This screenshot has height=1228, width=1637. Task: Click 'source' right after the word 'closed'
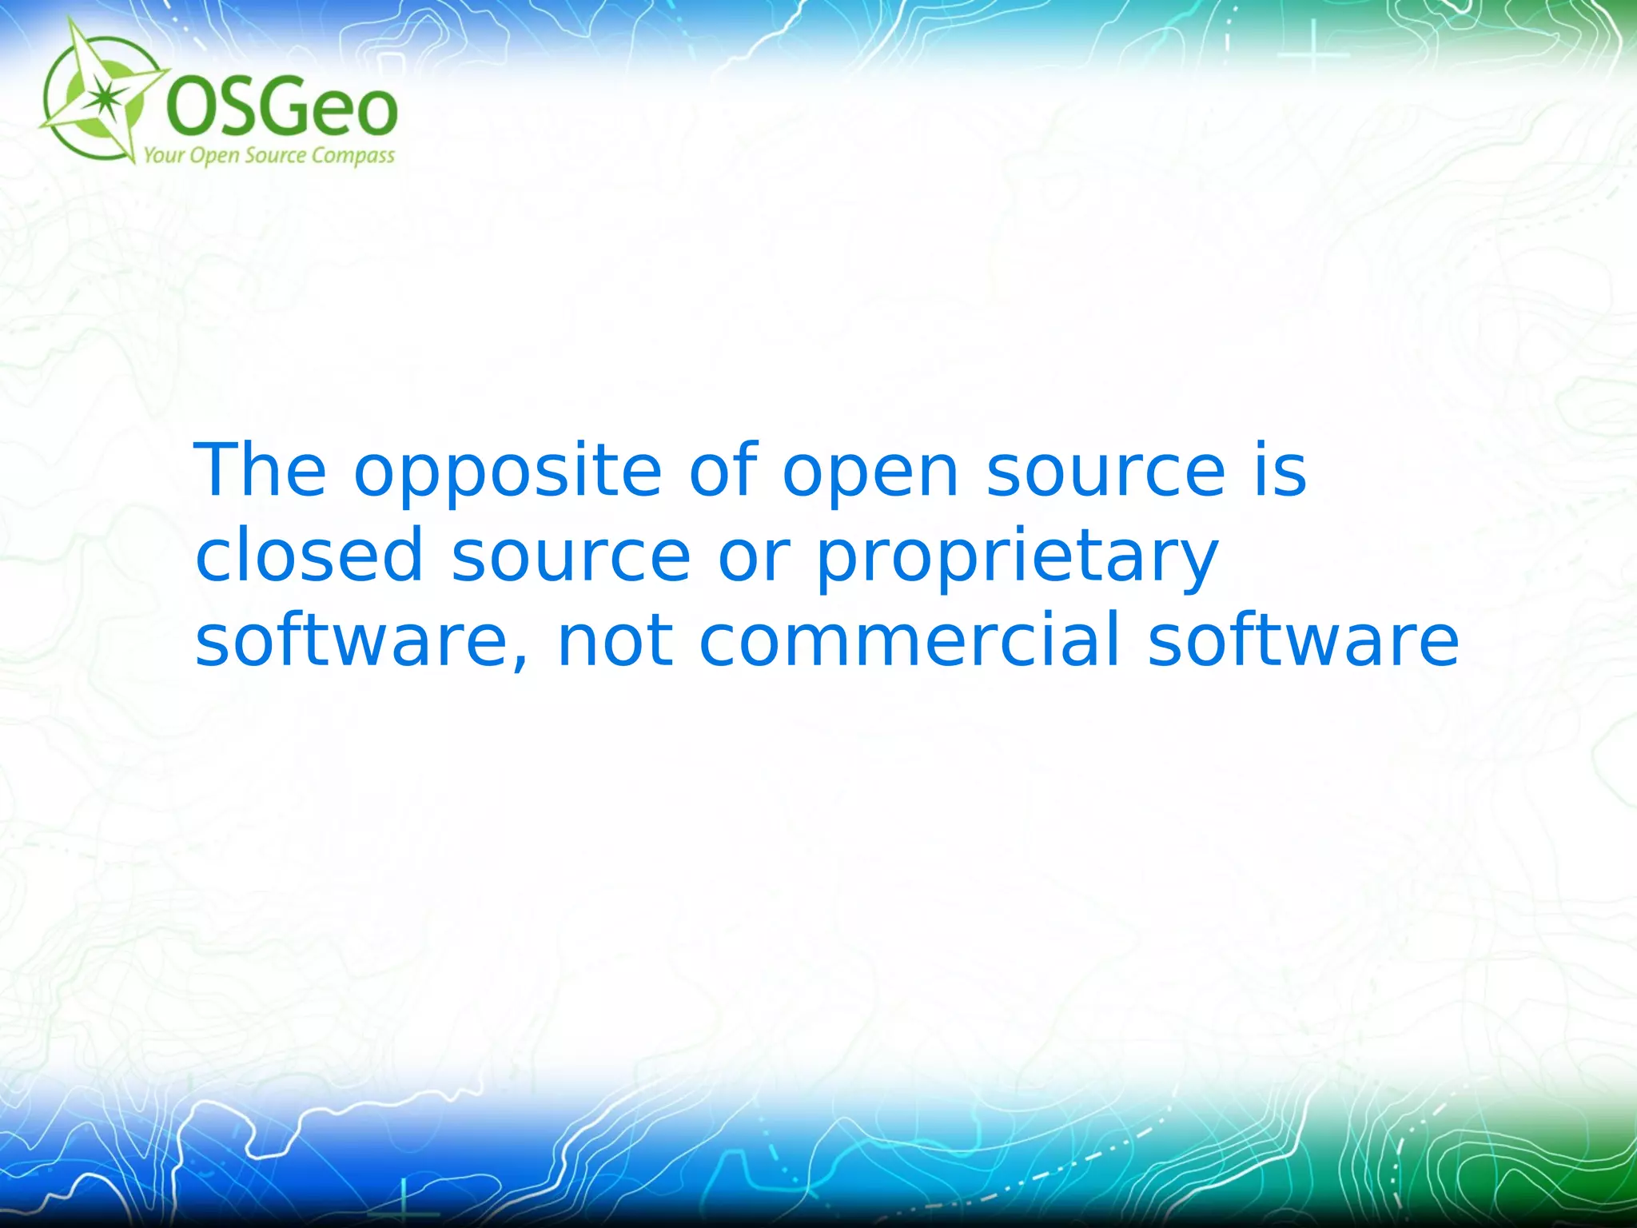(571, 558)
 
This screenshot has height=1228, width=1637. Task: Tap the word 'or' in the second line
(754, 558)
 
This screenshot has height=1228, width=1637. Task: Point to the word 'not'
(615, 642)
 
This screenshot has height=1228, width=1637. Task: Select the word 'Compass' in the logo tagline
(352, 156)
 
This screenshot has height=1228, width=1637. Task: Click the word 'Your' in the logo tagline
(164, 154)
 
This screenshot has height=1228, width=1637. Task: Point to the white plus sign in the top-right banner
(1313, 54)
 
